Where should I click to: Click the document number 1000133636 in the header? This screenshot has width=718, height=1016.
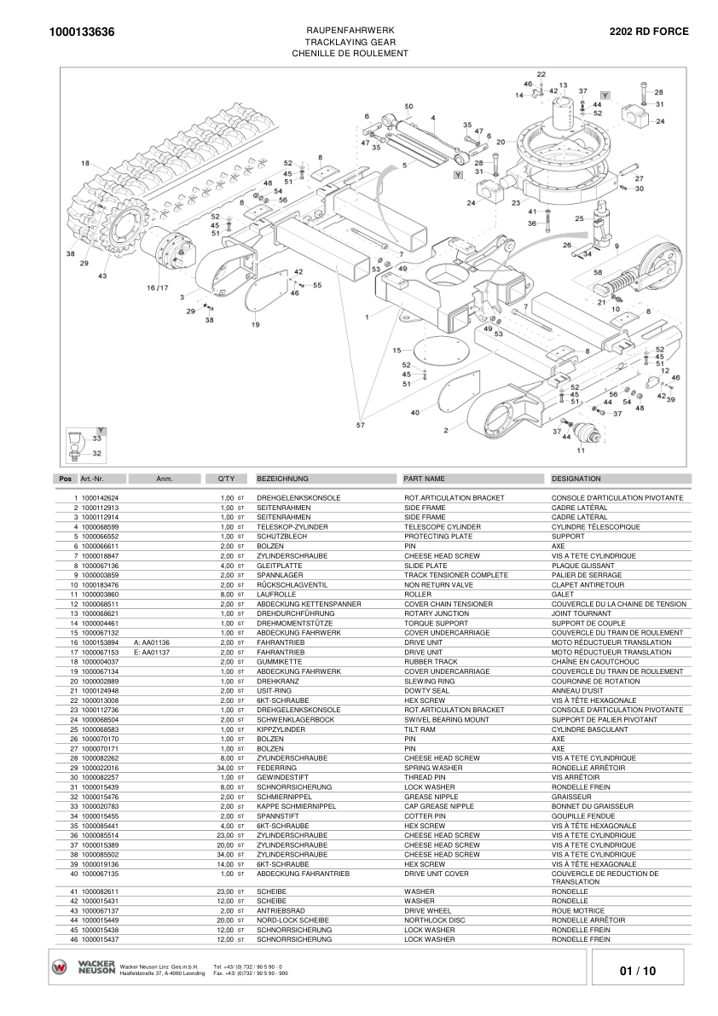pos(83,32)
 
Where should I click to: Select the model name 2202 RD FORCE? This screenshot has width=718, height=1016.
pos(648,32)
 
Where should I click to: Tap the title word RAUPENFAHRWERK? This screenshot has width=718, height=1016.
pos(350,30)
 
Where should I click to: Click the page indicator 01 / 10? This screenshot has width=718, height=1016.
pos(638,971)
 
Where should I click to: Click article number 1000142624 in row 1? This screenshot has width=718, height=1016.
pos(100,497)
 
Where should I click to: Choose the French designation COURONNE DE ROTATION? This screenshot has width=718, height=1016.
pos(594,682)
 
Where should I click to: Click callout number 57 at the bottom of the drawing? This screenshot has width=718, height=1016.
pos(360,424)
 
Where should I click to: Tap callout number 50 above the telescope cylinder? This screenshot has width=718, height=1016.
pos(408,107)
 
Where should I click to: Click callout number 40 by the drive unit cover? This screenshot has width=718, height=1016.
pos(415,413)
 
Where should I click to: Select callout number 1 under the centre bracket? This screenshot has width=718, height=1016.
pos(366,316)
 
